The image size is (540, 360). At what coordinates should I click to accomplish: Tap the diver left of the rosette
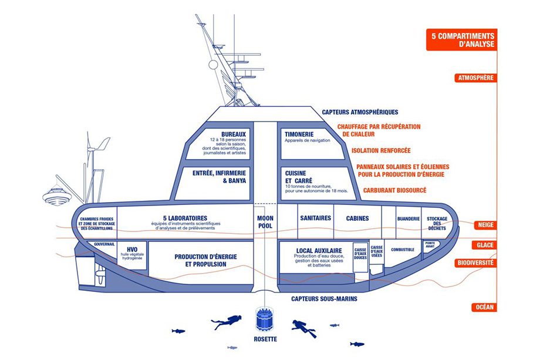226,321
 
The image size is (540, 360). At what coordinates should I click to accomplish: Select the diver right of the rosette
304,327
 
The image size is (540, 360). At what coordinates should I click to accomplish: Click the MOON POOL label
266,221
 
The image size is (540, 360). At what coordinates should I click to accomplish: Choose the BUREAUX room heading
234,133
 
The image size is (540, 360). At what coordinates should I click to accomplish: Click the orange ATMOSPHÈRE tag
475,78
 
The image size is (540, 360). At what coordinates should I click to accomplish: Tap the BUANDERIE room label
408,218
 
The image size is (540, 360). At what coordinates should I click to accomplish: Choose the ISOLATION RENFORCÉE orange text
380,150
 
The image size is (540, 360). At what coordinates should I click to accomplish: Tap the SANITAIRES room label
316,218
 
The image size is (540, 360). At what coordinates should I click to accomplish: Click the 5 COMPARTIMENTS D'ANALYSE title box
463,40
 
